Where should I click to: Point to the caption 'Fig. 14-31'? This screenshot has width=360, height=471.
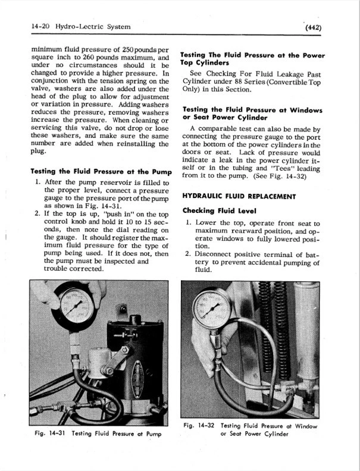point(49,434)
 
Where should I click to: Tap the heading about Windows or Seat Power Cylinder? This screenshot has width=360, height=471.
point(252,114)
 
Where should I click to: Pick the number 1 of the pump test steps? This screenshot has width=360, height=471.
point(37,183)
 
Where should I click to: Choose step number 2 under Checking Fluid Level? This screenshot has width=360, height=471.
point(187,255)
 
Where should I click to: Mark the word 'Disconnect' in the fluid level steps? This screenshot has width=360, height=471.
point(215,255)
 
